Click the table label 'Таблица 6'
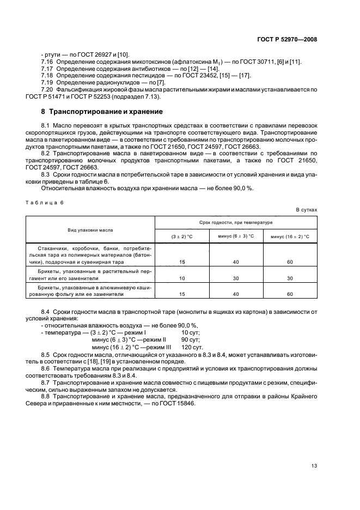[45, 202]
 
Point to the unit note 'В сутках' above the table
[306, 209]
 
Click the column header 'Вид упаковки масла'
[90, 230]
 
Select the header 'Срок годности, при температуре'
[236, 222]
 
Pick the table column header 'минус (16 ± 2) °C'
[290, 236]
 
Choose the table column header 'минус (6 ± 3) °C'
[236, 236]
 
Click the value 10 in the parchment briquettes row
[182, 278]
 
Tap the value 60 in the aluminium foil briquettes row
[290, 294]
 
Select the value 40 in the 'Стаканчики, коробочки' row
[236, 262]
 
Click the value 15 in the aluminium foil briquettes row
[182, 294]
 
